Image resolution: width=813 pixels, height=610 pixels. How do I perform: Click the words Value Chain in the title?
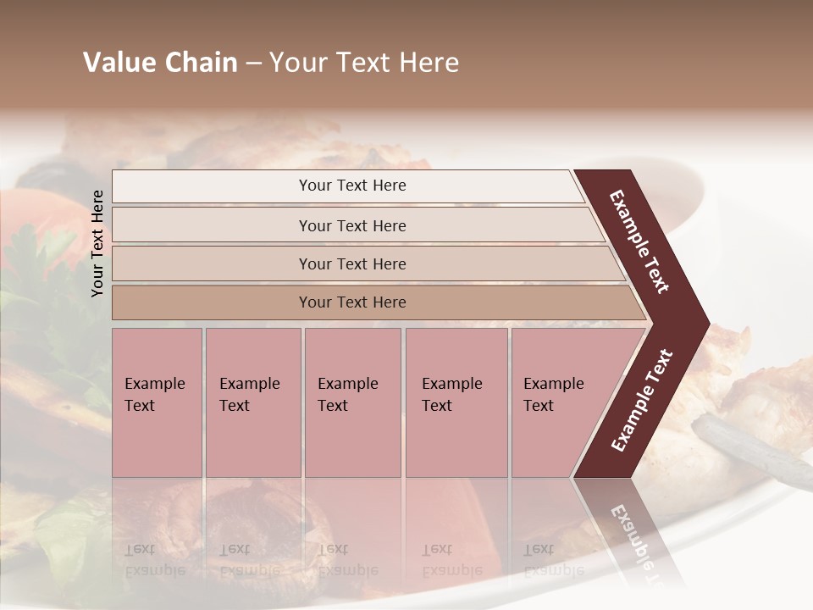pos(160,63)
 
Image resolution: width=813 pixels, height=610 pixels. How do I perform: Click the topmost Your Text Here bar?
pos(351,186)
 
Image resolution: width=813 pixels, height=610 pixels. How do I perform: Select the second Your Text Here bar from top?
pos(351,225)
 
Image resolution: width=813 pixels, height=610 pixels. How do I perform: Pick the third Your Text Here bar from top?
pos(351,263)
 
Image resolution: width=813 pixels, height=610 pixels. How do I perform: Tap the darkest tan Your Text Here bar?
pos(351,302)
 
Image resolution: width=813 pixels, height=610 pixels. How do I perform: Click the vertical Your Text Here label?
pos(97,243)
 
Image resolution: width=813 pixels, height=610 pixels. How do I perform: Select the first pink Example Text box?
pos(157,402)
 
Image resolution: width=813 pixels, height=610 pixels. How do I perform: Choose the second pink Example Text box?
pos(252,402)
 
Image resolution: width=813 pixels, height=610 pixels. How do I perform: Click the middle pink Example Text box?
pos(352,402)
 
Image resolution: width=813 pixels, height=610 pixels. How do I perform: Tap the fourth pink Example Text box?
pos(456,402)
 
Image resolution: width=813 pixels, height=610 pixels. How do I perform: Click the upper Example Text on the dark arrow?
pos(640,241)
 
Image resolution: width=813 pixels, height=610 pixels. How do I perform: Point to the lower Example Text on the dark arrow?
pos(642,401)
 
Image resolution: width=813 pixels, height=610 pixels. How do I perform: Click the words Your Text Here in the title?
pos(364,63)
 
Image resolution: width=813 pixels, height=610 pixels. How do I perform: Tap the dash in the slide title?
pos(253,64)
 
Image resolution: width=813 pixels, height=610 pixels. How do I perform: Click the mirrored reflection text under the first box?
pos(156,560)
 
